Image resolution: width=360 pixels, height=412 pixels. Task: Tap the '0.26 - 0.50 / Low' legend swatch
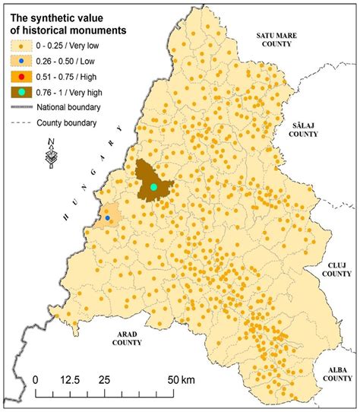(x=21, y=62)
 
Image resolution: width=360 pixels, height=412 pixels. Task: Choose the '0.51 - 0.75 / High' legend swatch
(x=21, y=77)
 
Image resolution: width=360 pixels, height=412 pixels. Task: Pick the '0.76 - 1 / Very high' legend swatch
(x=21, y=93)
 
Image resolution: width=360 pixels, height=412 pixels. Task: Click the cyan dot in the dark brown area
(x=153, y=186)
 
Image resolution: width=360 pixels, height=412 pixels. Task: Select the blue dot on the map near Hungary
(x=107, y=218)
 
